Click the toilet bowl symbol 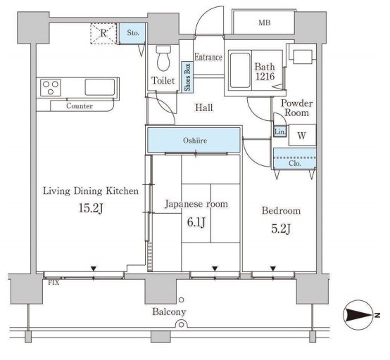point(163,58)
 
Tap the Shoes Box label point(187,77)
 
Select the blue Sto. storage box point(132,33)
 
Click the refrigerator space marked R point(103,33)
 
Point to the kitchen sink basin point(100,87)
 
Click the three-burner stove point(51,87)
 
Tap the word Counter point(80,106)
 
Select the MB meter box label point(264,23)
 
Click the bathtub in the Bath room point(240,70)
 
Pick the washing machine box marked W point(303,135)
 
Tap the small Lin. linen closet point(280,132)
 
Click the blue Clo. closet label point(295,164)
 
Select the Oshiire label point(195,141)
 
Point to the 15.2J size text point(91,208)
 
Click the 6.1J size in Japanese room point(196,222)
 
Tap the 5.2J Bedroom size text point(281,229)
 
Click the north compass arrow point(360,316)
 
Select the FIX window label point(54,283)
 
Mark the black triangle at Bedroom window point(273,269)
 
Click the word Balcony point(170,312)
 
